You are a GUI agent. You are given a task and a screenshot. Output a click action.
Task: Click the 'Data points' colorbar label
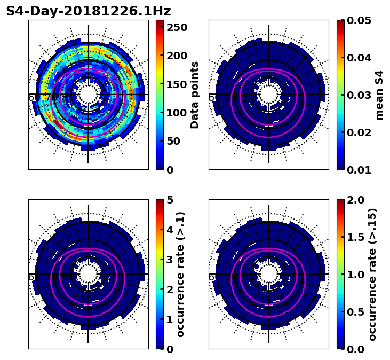[x=195, y=95]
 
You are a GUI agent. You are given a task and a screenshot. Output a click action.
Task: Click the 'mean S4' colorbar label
[x=379, y=95]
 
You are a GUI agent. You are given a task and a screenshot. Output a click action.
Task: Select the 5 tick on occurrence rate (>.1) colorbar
[x=170, y=200]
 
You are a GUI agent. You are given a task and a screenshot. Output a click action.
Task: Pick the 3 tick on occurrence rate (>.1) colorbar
[x=170, y=260]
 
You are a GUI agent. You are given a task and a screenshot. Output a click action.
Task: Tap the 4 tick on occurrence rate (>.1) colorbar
[x=170, y=230]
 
